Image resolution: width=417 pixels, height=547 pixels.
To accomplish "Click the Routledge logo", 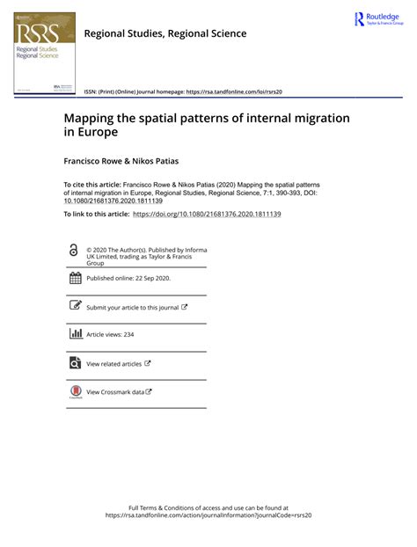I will (377, 19).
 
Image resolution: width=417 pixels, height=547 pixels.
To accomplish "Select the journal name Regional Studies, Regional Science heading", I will (165, 33).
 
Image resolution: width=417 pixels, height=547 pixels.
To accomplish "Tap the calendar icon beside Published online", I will (74, 279).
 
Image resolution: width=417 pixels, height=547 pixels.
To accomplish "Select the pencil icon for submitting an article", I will (74, 306).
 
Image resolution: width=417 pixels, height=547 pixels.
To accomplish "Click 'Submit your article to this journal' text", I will (132, 307).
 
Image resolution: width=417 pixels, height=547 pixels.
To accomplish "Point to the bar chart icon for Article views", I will (74, 334).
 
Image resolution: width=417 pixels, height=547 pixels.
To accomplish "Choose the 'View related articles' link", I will (113, 363).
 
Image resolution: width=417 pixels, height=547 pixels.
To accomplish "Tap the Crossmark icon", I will (74, 392).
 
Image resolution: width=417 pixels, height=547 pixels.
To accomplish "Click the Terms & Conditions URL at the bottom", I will (208, 515).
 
